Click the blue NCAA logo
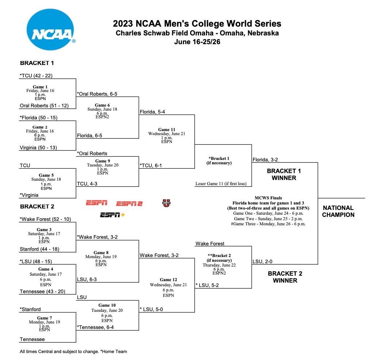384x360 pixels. click(x=50, y=30)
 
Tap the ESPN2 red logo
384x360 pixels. click(x=129, y=203)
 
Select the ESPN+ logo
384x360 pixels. click(x=112, y=215)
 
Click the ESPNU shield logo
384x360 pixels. click(x=166, y=203)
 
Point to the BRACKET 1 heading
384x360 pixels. click(x=37, y=63)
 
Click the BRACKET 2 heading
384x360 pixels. click(x=37, y=206)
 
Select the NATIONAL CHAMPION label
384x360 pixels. click(x=338, y=211)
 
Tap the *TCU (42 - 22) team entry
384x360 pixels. click(x=36, y=76)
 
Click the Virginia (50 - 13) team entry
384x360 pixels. click(x=38, y=148)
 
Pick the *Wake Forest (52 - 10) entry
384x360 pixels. click(x=45, y=219)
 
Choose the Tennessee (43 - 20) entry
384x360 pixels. click(x=42, y=291)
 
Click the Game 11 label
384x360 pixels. click(x=166, y=130)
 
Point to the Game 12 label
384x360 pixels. click(x=168, y=280)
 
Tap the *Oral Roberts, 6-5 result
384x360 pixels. click(x=97, y=94)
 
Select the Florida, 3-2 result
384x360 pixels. click(x=265, y=160)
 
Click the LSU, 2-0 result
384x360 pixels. click(x=262, y=261)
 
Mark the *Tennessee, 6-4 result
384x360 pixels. click(x=95, y=327)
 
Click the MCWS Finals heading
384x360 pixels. click(x=268, y=198)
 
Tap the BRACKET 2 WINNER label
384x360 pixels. click(x=285, y=277)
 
